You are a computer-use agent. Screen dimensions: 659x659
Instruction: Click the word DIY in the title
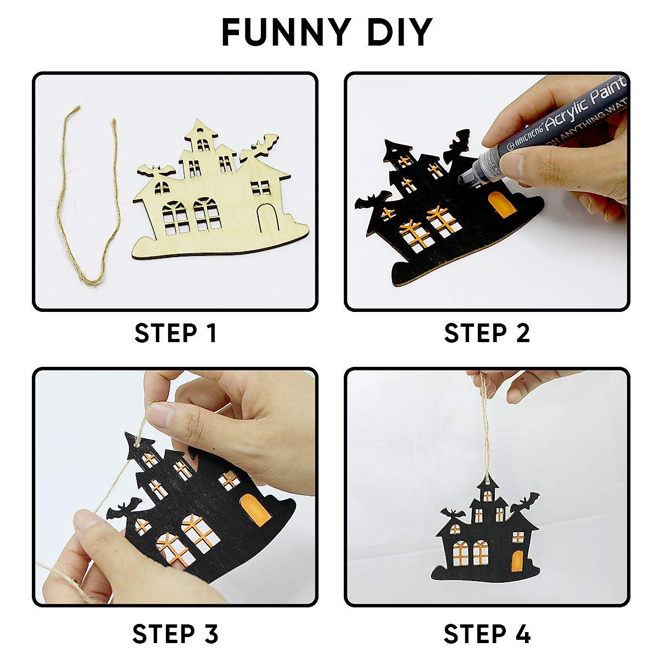[399, 32]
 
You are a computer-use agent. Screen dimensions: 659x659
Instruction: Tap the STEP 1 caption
[176, 333]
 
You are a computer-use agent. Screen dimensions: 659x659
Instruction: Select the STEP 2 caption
[487, 333]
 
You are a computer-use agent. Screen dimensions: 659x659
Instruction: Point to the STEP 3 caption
[176, 634]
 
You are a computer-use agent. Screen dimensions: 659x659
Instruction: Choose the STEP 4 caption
[487, 634]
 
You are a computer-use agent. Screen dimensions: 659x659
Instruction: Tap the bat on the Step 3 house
[123, 510]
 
